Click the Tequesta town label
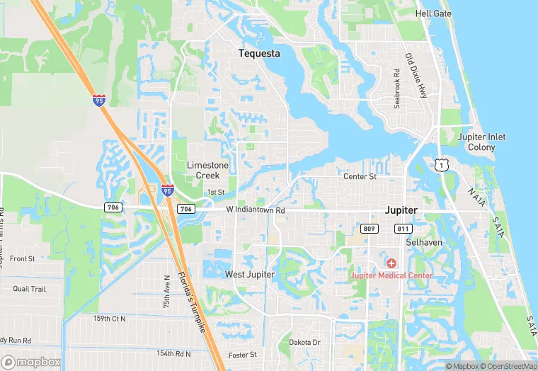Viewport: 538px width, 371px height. (259, 53)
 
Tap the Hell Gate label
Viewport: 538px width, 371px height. (433, 13)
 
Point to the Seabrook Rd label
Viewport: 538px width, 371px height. (397, 89)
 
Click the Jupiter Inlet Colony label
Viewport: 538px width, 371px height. (481, 142)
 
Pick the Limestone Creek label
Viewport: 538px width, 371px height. (207, 169)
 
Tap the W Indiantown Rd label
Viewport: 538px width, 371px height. (256, 210)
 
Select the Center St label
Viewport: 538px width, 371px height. (360, 176)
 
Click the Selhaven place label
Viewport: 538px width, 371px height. (423, 242)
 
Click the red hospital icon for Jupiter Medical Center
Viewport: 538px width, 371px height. (391, 263)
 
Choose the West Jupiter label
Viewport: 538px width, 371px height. (249, 274)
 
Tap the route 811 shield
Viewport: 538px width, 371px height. (403, 228)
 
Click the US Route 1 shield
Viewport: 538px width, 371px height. (442, 164)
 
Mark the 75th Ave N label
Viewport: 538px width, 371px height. (168, 291)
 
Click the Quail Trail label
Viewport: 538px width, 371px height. (29, 289)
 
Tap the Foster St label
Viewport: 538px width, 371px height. (242, 355)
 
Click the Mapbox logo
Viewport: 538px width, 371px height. (31, 362)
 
